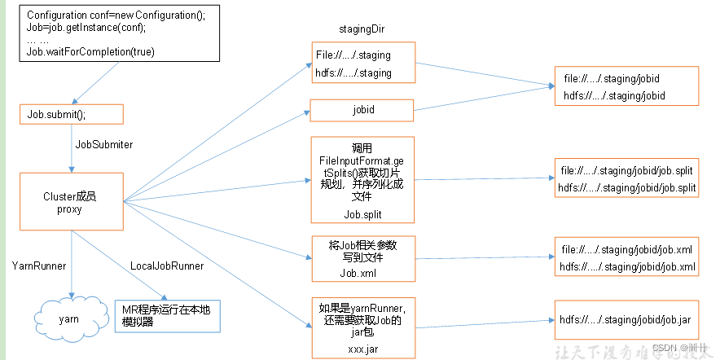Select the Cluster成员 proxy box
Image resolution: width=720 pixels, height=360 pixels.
click(x=70, y=202)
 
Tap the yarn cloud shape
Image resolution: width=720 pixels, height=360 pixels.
click(x=69, y=318)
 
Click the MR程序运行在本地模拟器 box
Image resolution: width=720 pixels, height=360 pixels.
click(x=168, y=315)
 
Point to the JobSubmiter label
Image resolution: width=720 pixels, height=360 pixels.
click(x=103, y=145)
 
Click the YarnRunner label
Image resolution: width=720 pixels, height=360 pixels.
click(x=38, y=266)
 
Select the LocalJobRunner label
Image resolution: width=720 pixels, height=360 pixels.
click(x=167, y=266)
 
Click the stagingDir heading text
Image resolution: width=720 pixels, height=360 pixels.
click(x=361, y=29)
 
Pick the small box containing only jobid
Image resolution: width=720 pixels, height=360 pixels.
click(x=362, y=109)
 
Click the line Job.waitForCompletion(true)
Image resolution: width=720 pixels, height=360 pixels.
click(x=90, y=52)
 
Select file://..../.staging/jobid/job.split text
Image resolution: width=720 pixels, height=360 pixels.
click(x=626, y=173)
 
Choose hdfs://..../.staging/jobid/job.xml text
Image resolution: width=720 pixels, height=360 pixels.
click(x=626, y=267)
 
